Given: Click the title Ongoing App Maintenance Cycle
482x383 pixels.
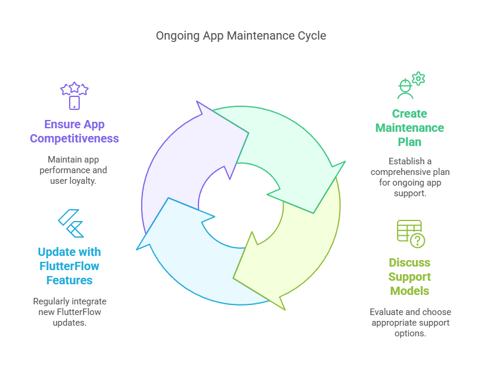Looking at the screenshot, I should (x=240, y=36).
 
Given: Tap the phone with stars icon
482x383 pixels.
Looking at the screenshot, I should (x=74, y=96).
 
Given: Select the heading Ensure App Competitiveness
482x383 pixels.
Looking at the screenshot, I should (x=74, y=132).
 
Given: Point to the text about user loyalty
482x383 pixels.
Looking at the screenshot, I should (x=74, y=170).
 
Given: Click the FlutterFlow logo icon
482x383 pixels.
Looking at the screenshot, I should (x=70, y=223).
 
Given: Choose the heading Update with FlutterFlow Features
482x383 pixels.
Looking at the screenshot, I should (x=70, y=265).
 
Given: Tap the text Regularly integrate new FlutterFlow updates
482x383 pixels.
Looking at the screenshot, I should (x=70, y=312).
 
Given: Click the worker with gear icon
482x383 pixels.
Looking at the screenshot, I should (x=409, y=86).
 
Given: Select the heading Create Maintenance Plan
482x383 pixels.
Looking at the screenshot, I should (x=409, y=128).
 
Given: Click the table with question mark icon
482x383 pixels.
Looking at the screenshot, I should (x=410, y=233).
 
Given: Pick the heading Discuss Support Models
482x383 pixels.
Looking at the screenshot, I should (x=409, y=277).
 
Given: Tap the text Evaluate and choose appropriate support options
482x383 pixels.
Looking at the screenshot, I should (x=410, y=322).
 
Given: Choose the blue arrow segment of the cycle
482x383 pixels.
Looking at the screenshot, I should (x=189, y=260).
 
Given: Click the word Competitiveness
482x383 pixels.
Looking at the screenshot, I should (x=74, y=139).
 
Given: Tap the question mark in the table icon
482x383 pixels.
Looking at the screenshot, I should (x=418, y=241).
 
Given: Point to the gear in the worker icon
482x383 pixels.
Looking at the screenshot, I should (x=418, y=78).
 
